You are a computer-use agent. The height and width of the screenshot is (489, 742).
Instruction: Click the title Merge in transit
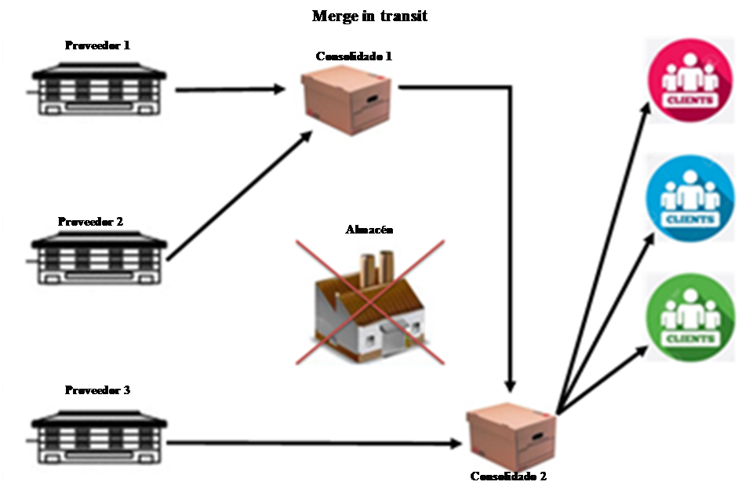(x=369, y=16)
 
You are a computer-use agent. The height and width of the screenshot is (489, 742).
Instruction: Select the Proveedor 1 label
(x=97, y=45)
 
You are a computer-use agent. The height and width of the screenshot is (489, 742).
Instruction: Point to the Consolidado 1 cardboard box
(x=351, y=100)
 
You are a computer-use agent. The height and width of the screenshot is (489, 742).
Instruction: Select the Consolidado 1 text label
(x=353, y=56)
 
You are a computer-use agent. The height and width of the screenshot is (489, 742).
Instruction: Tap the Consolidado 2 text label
(x=509, y=476)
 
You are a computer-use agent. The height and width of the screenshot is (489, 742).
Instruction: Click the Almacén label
(x=369, y=230)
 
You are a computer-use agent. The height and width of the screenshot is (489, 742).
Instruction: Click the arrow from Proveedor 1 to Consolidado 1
(x=229, y=90)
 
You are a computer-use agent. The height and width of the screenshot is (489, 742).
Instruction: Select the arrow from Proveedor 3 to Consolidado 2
(x=314, y=444)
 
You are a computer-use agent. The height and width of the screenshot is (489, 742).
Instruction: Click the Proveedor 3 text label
(x=97, y=390)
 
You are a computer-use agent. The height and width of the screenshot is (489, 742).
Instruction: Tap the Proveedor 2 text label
(x=90, y=222)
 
